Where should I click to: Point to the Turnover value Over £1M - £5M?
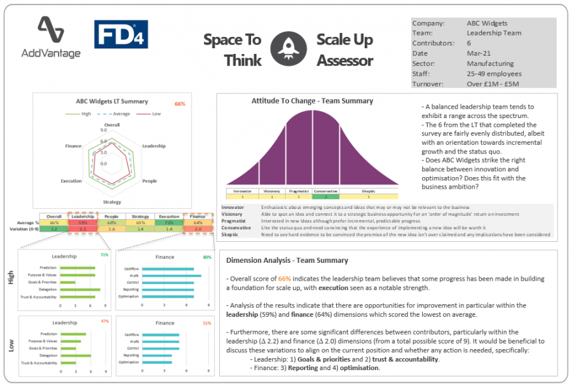tap(493, 84)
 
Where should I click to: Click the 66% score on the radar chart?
tap(180, 103)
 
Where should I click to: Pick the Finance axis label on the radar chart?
tap(73, 146)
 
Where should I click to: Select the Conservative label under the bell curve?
tap(325, 190)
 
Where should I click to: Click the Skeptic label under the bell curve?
tap(369, 190)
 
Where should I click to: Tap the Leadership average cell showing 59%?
tap(83, 222)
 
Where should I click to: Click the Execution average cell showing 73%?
tap(169, 222)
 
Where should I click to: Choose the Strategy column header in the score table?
tap(140, 216)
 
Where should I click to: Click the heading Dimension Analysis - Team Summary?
tap(287, 260)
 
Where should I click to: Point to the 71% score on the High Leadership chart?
tap(105, 255)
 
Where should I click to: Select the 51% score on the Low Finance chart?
tap(207, 323)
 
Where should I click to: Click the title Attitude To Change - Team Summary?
tap(312, 101)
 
